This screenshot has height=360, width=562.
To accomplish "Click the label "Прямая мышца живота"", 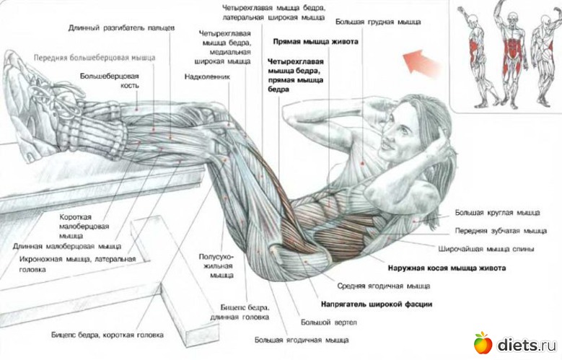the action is tap(315, 42).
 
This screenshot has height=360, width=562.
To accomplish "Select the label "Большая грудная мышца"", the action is tap(378, 22).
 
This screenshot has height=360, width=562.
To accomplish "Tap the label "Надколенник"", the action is tap(207, 76).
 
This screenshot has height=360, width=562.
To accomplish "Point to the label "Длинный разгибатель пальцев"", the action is tap(121, 27).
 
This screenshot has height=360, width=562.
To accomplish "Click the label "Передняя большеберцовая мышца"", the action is tap(95, 58).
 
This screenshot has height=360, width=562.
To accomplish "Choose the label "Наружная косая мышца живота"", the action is tap(447, 268).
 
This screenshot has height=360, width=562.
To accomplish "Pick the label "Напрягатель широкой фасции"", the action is tap(377, 304).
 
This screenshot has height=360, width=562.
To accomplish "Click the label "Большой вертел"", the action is tap(329, 322).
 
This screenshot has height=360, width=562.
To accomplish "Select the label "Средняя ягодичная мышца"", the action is tap(384, 286).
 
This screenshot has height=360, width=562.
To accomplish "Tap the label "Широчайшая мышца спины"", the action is tap(486, 248).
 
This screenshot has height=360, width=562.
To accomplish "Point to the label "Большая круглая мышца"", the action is tap(498, 212).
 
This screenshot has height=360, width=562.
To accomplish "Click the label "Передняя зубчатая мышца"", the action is tap(501, 231).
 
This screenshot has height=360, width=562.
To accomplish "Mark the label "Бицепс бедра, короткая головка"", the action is tap(107, 335).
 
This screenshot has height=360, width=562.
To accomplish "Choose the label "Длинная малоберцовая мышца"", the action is tap(67, 246).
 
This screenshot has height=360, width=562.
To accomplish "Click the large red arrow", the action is tap(422, 62).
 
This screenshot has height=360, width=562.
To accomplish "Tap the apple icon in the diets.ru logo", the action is tap(483, 343).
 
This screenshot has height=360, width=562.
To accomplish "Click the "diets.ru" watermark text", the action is tap(527, 345).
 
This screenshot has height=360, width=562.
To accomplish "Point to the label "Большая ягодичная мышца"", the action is tap(302, 340).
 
